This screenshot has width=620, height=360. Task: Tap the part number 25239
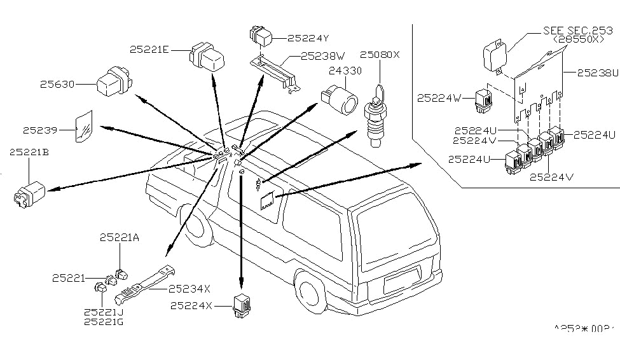(x=40, y=130)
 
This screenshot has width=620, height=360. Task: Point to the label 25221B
(x=29, y=152)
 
